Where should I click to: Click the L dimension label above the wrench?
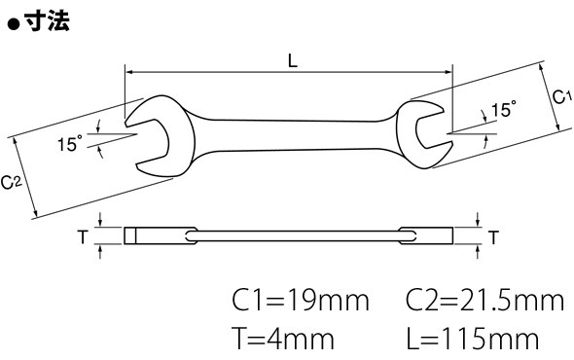[x=293, y=60]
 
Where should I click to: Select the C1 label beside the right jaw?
[x=561, y=97]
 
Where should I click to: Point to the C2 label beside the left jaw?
[x=12, y=182]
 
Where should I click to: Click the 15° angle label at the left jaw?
[x=69, y=143]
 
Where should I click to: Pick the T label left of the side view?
[x=83, y=236]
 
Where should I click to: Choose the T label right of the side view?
[x=493, y=237]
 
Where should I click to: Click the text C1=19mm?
[x=301, y=301]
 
